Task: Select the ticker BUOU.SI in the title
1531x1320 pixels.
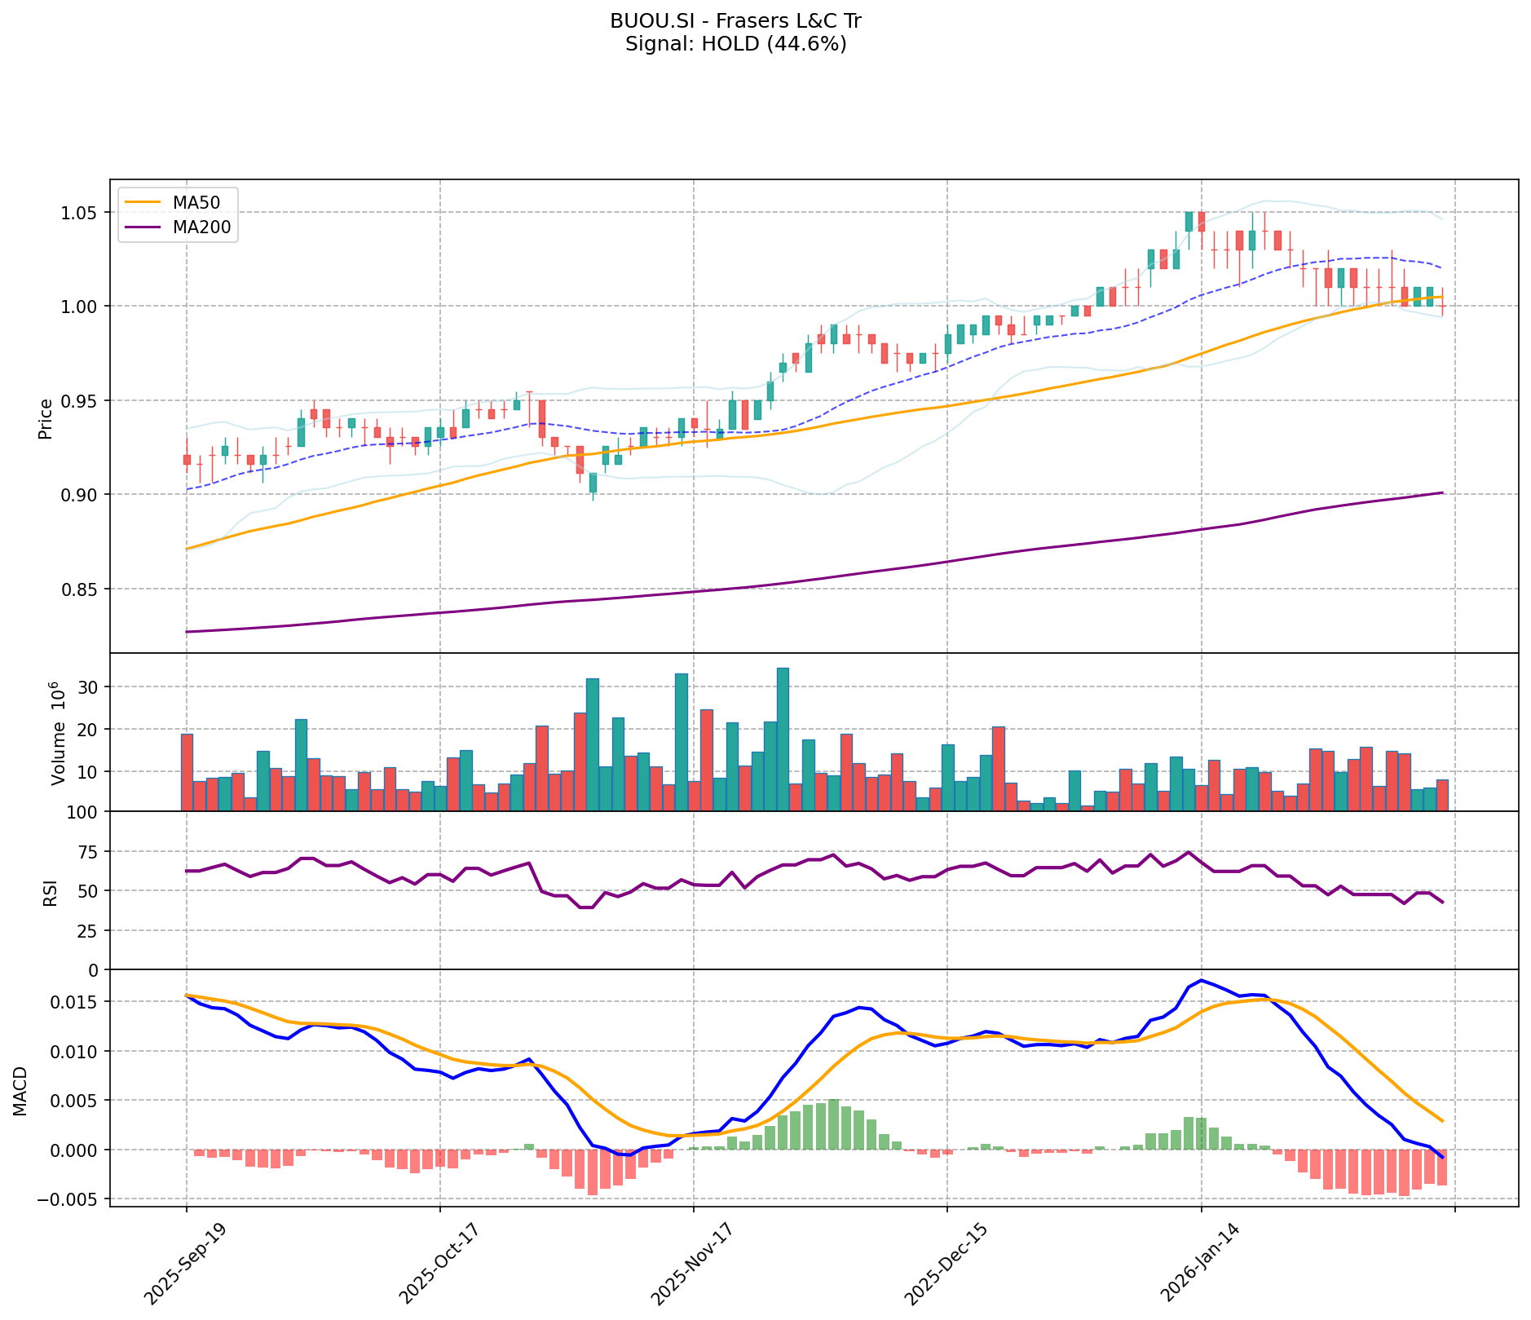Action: click(648, 21)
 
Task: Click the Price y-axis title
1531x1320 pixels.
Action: click(46, 418)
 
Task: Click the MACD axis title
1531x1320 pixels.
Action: click(21, 1091)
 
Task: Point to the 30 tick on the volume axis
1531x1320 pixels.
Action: click(90, 687)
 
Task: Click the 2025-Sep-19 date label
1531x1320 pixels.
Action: click(185, 1263)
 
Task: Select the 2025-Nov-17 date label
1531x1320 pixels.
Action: click(692, 1263)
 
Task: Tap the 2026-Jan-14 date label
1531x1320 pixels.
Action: click(1199, 1263)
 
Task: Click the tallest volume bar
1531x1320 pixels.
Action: click(783, 739)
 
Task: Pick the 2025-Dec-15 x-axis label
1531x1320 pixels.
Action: click(946, 1263)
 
